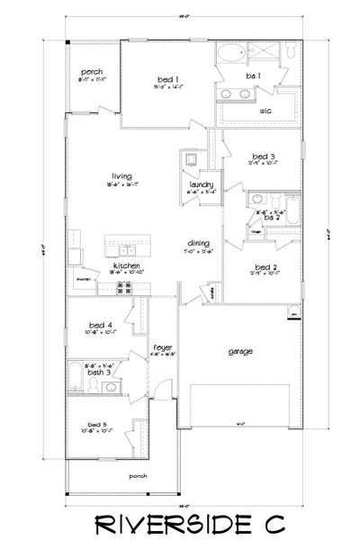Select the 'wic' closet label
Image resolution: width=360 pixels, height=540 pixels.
click(x=265, y=111)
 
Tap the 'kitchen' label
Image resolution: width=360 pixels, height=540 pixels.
click(x=123, y=265)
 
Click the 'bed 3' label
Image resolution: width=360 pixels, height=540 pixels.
click(x=264, y=157)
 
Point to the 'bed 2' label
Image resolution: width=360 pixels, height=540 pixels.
click(x=264, y=266)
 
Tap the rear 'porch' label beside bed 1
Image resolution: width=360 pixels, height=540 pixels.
click(x=91, y=72)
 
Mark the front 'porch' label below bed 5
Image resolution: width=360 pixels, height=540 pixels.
click(x=138, y=475)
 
